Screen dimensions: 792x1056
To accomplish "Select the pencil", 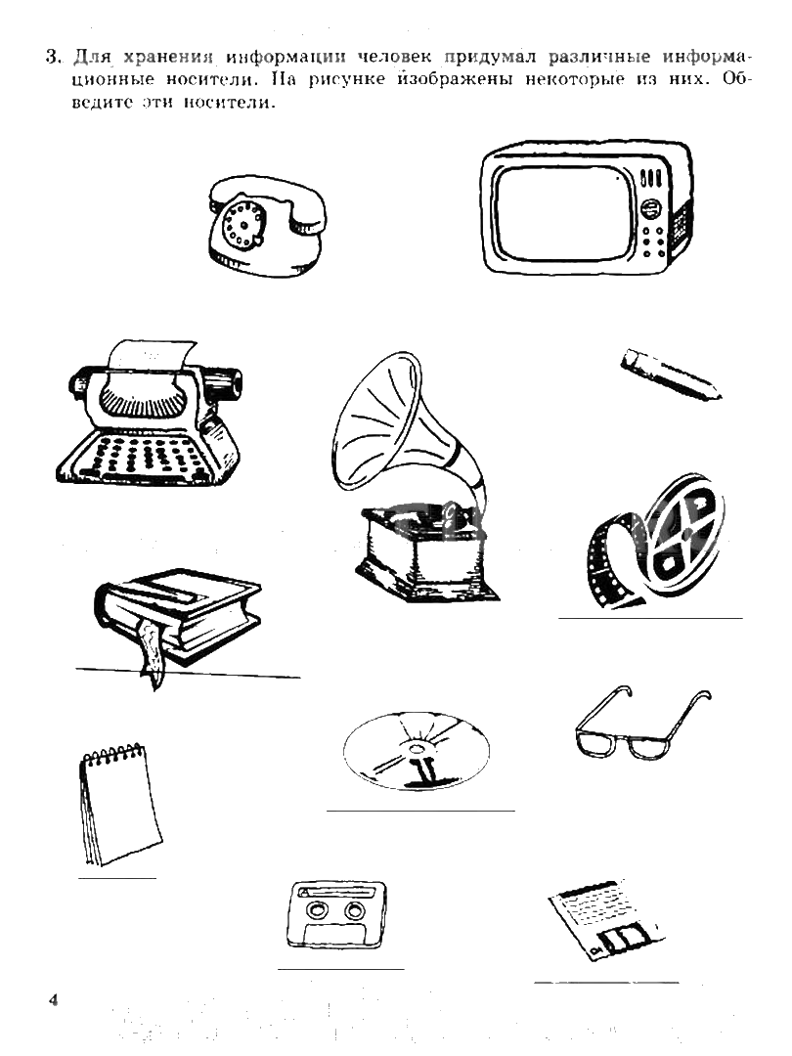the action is point(670,374).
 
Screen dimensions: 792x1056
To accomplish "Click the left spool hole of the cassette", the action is point(315,910).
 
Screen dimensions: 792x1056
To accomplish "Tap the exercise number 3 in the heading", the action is point(53,57).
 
